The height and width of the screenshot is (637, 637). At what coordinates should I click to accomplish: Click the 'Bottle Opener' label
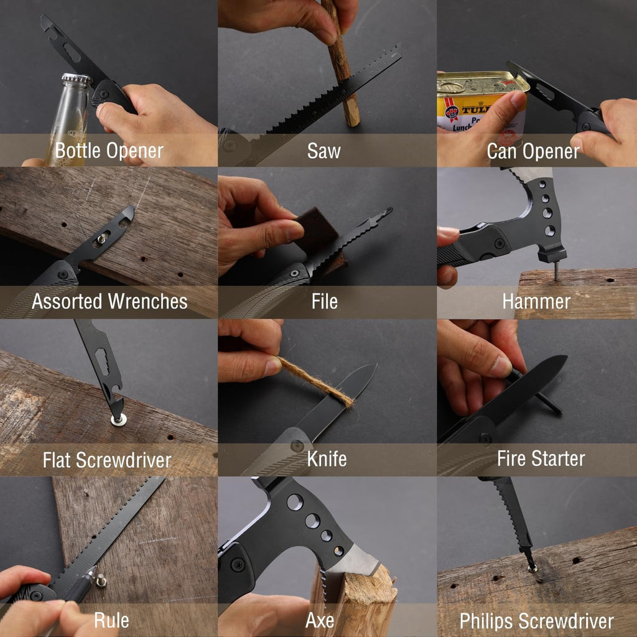point(109,151)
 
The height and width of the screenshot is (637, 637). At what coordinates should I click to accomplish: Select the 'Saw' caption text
point(323,151)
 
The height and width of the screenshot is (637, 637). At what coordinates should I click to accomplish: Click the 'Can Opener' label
point(533,152)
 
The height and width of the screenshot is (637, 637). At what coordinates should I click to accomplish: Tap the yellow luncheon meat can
point(480,101)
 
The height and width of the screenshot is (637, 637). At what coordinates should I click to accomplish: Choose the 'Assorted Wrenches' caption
point(109,302)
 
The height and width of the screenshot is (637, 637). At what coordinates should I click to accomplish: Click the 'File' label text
point(325,302)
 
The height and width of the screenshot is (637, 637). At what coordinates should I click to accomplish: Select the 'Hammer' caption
point(536,302)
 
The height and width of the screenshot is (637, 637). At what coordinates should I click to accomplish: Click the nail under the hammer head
point(557,271)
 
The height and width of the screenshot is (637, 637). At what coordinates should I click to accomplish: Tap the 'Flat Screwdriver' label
point(107,460)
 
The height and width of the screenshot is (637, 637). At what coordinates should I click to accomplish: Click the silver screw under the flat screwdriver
point(119,420)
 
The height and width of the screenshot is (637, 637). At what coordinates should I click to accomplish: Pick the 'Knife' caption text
point(327,459)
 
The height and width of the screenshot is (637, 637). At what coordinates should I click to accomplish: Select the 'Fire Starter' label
point(541,458)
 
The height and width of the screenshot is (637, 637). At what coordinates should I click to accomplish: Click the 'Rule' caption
point(111,620)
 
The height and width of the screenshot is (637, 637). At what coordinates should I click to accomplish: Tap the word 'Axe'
point(320,620)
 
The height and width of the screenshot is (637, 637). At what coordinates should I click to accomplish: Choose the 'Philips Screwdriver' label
point(536,621)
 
